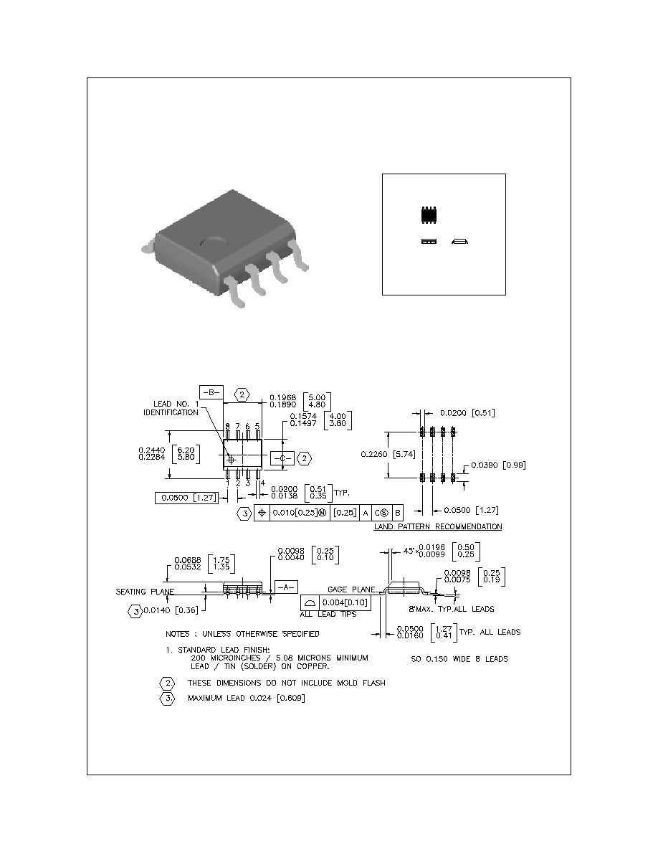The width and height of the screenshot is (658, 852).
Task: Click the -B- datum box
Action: (211, 392)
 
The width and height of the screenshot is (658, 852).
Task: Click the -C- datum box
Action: (281, 457)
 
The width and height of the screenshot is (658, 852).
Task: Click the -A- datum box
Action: (285, 587)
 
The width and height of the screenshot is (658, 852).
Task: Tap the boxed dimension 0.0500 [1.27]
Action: (186, 498)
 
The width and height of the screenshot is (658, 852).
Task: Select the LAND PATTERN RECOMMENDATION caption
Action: (437, 526)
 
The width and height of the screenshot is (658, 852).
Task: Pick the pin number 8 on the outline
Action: (227, 427)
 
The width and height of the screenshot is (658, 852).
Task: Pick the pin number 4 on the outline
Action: (262, 483)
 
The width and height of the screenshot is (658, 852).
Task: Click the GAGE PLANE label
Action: (351, 589)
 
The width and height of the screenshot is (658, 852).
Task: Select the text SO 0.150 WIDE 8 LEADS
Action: (459, 659)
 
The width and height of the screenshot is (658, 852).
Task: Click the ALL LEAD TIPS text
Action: (328, 615)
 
